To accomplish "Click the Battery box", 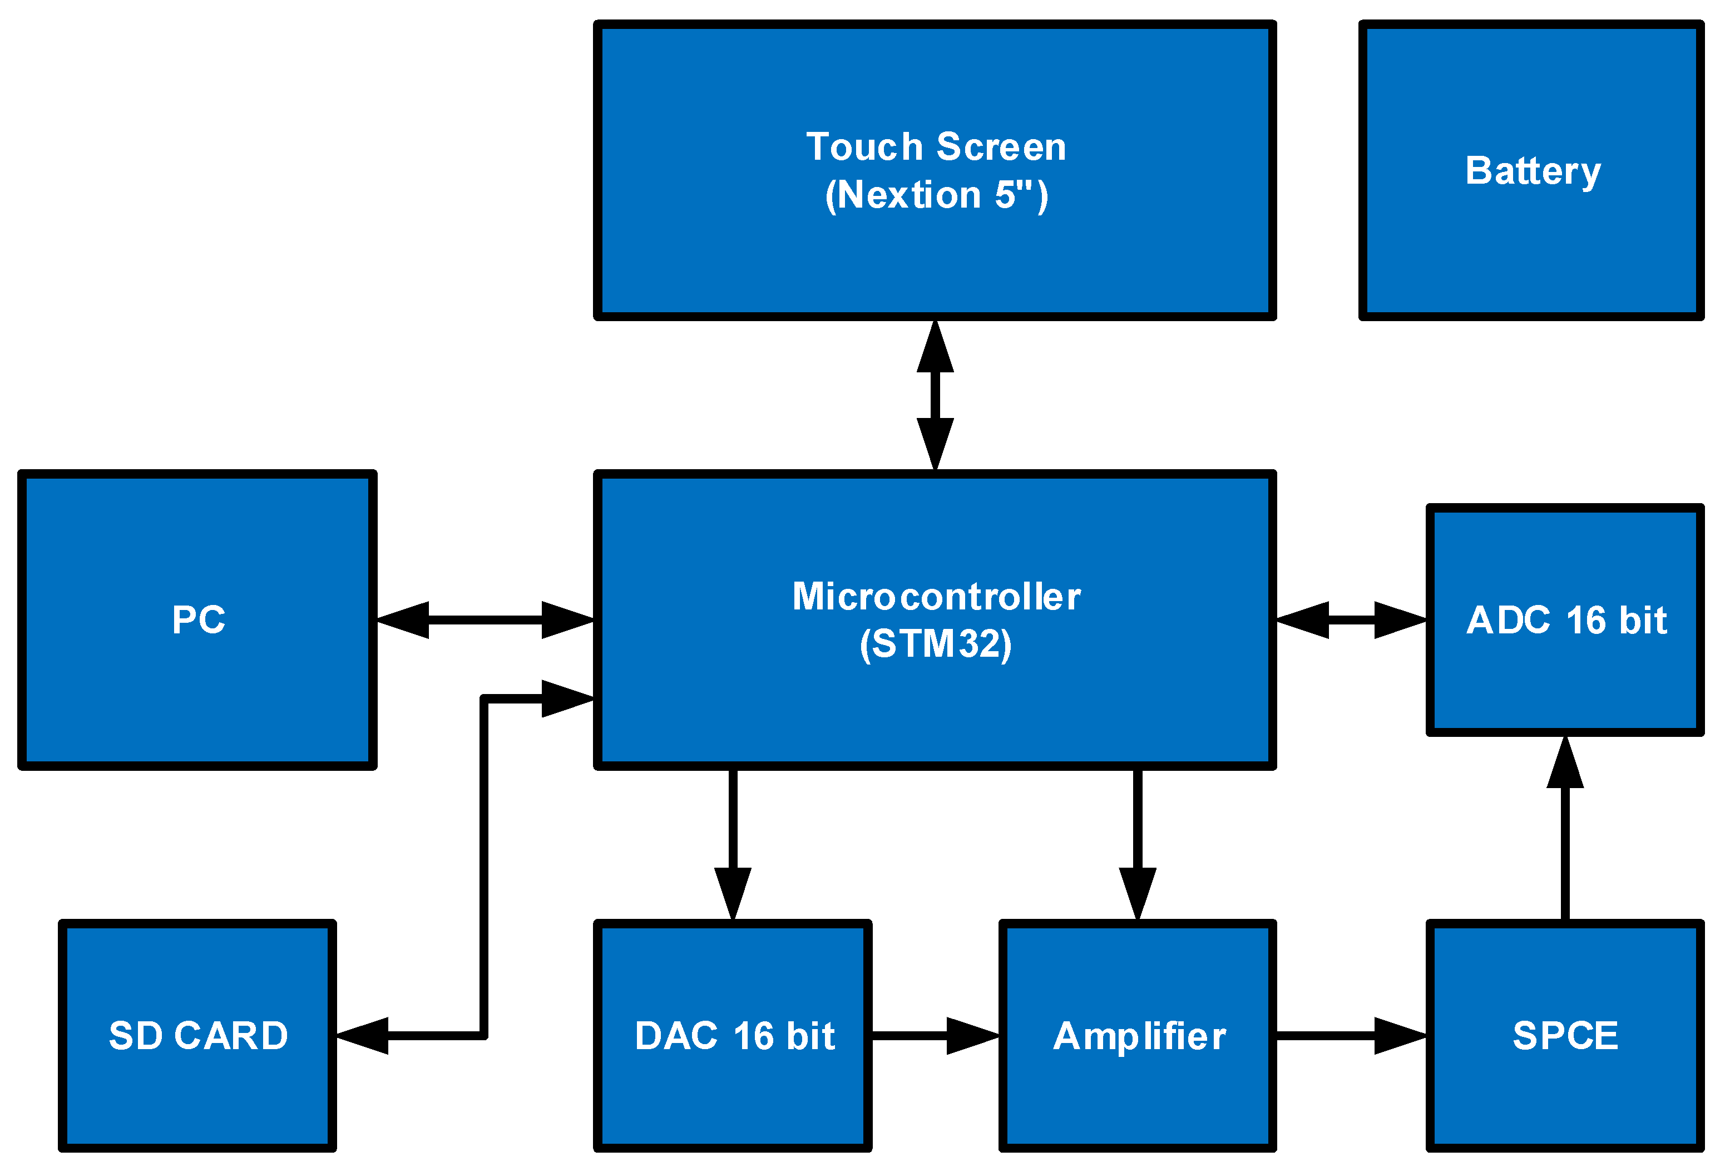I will (x=1532, y=171).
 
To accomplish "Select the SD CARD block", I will (x=197, y=1036).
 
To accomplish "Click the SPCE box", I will (x=1565, y=1036).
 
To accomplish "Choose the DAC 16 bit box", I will (x=733, y=1036).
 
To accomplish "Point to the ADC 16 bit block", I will (x=1565, y=621).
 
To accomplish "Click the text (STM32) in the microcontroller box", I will (x=936, y=644).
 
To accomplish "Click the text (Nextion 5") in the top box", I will (x=936, y=195).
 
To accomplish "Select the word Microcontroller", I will (x=936, y=597).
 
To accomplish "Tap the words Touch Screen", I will (x=936, y=146).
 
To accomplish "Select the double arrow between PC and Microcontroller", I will (x=485, y=619).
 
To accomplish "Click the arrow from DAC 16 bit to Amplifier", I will (x=934, y=1036).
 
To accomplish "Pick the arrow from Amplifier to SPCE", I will (x=1350, y=1036).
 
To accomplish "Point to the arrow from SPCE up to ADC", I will (x=1565, y=829).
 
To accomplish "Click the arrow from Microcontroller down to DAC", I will (x=733, y=844).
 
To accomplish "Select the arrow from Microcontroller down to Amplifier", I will (x=1138, y=844).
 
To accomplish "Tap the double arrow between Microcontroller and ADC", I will (x=1351, y=619).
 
